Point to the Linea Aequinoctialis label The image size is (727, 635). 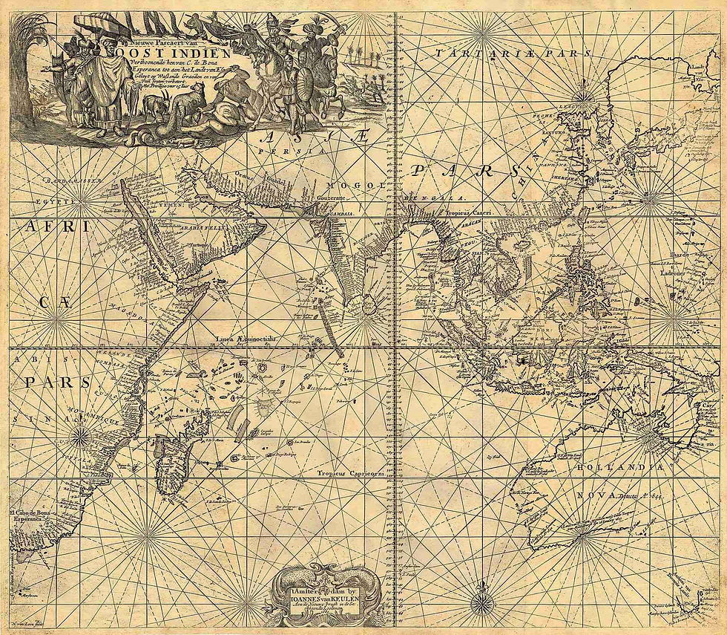tap(245, 339)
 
